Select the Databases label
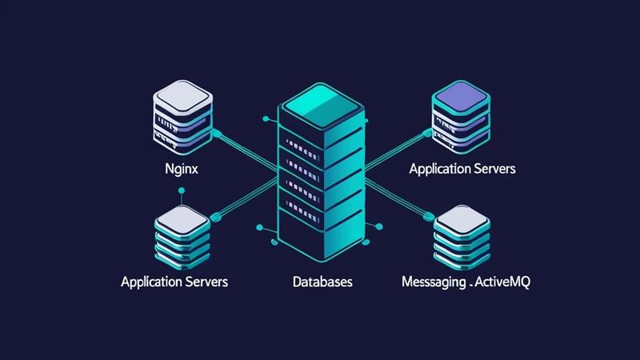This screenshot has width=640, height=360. click(x=322, y=282)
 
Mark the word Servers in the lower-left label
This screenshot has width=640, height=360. click(x=206, y=282)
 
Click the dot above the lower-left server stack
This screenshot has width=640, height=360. click(x=182, y=190)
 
